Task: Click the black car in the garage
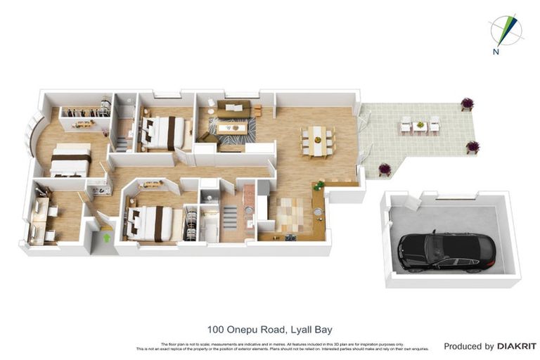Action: click(x=446, y=252)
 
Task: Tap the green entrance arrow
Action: click(x=106, y=238)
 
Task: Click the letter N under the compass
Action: click(x=496, y=51)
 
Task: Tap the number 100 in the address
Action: click(x=216, y=329)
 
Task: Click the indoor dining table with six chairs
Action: click(x=318, y=141)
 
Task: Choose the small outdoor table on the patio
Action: click(x=420, y=126)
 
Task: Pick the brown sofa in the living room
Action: click(x=233, y=109)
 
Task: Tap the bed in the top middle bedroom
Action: click(x=165, y=131)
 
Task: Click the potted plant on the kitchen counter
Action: click(x=319, y=186)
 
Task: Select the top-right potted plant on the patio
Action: click(x=467, y=104)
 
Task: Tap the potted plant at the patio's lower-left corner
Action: click(x=384, y=169)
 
